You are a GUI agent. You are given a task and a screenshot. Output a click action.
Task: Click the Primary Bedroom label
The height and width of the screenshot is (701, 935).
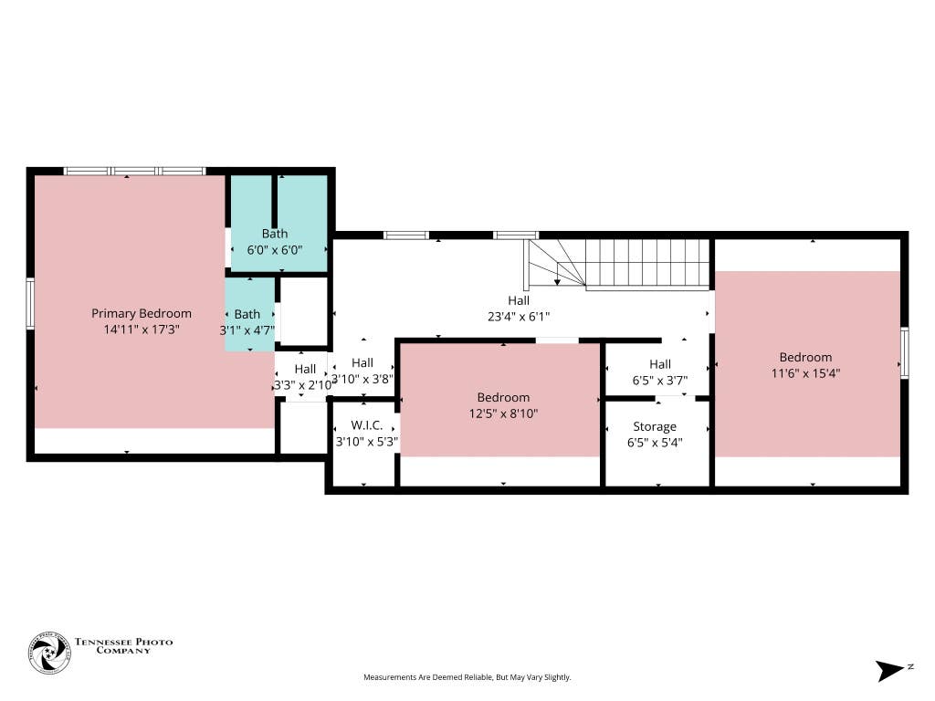(x=142, y=314)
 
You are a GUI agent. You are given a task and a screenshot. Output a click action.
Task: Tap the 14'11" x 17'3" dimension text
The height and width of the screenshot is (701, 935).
(x=142, y=330)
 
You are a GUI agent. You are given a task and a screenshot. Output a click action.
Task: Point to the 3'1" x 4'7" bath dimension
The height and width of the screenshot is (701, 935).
(x=247, y=330)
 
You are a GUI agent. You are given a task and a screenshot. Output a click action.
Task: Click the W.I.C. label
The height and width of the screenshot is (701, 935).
(x=367, y=425)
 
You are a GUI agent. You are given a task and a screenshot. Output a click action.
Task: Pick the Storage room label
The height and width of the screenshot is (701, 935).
(x=655, y=427)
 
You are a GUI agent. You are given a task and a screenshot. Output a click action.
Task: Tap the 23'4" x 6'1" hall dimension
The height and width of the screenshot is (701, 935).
(x=519, y=317)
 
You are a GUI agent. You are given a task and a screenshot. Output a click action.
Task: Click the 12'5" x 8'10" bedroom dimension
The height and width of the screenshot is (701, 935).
(x=503, y=413)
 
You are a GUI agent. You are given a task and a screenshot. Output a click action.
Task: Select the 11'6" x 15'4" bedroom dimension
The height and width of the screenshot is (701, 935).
(x=805, y=373)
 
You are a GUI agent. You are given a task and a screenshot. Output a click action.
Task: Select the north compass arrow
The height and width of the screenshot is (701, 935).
(x=889, y=671)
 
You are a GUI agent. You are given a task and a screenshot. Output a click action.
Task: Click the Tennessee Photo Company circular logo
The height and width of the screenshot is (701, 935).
(x=49, y=653)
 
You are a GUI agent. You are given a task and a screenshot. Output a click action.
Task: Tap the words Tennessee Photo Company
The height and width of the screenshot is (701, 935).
(x=123, y=646)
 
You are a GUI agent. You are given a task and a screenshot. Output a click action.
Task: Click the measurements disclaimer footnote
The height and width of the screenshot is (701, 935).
(x=467, y=677)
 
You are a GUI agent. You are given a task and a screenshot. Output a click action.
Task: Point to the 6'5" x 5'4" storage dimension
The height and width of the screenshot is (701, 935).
(x=655, y=443)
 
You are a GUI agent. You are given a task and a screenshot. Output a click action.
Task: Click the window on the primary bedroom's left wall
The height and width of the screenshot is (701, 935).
(x=30, y=303)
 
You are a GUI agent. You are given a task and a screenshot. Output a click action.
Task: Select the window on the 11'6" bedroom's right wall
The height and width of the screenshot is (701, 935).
(x=905, y=353)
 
